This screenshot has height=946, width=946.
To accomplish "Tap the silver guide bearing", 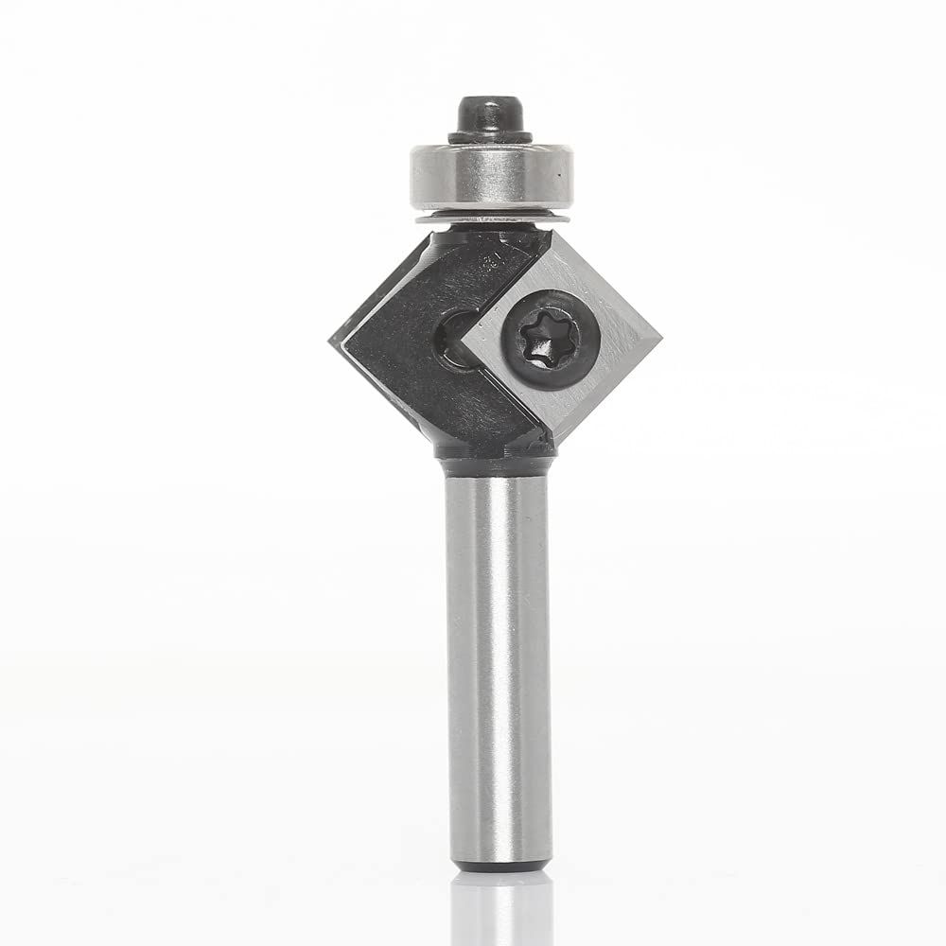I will tap(491, 178).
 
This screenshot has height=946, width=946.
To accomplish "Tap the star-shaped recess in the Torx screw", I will tap(540, 332).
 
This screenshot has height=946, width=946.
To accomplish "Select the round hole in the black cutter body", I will tap(452, 338).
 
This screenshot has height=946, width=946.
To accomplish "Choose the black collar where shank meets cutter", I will tap(494, 464).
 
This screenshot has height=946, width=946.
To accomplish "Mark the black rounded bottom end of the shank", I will tap(499, 866).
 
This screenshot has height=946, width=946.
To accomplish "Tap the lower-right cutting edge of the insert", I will tap(610, 390).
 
